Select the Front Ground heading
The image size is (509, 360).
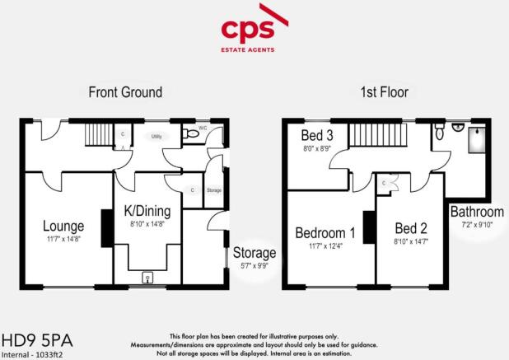[125, 92]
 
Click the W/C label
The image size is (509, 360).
[203, 129]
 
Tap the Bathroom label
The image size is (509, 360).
[477, 213]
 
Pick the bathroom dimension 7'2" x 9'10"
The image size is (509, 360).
[477, 226]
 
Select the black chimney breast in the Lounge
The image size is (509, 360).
[105, 229]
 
